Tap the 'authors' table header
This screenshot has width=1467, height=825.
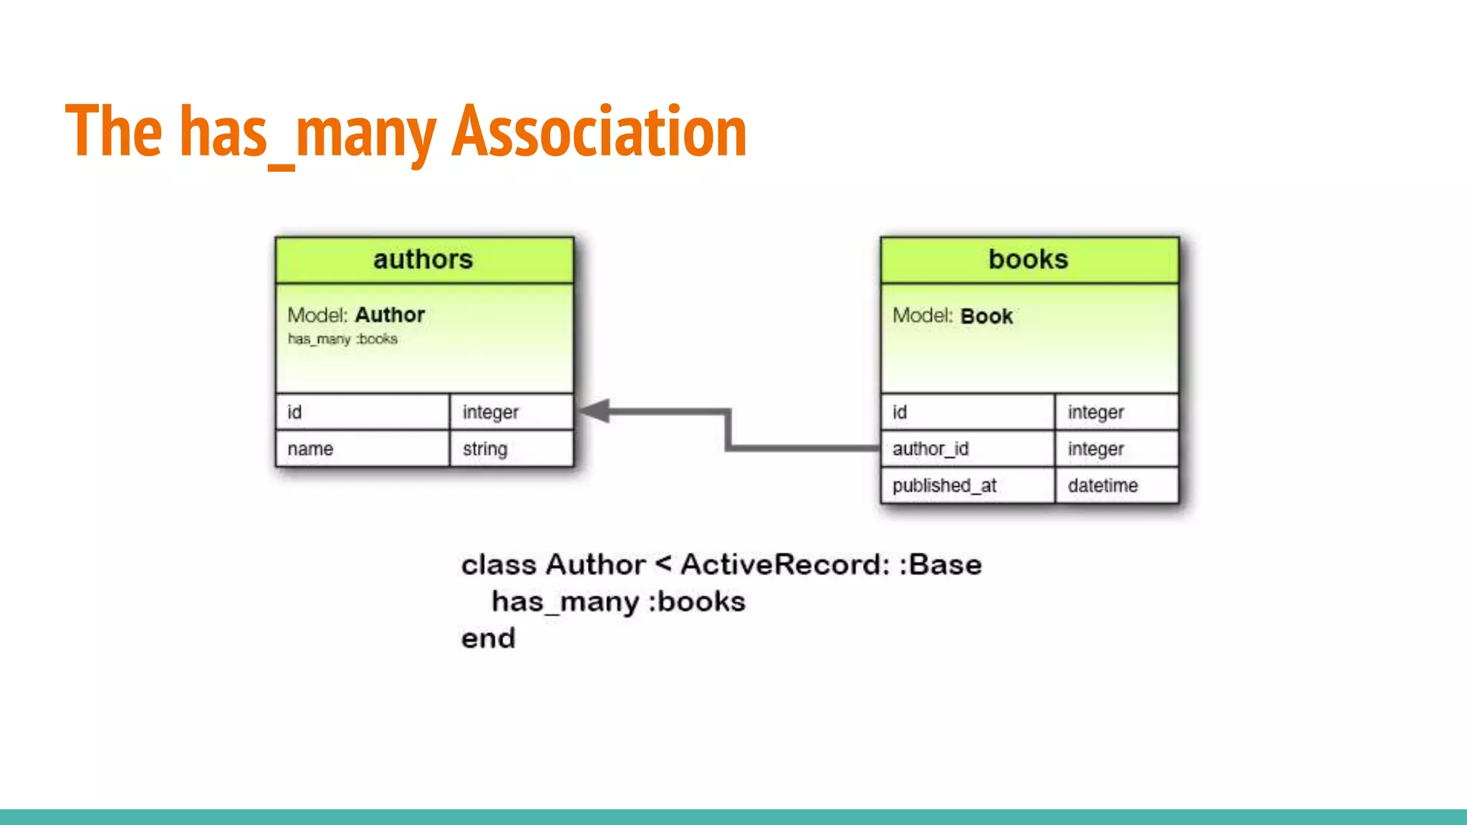(423, 259)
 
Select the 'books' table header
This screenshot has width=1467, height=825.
(1029, 259)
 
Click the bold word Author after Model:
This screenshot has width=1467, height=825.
(390, 315)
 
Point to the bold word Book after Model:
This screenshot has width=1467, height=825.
(986, 317)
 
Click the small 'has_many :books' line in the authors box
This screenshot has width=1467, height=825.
(342, 339)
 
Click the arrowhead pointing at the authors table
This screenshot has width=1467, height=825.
(595, 411)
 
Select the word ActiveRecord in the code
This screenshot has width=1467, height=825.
(784, 565)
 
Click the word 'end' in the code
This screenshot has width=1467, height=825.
(488, 639)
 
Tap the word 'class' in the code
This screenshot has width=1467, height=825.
(499, 565)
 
